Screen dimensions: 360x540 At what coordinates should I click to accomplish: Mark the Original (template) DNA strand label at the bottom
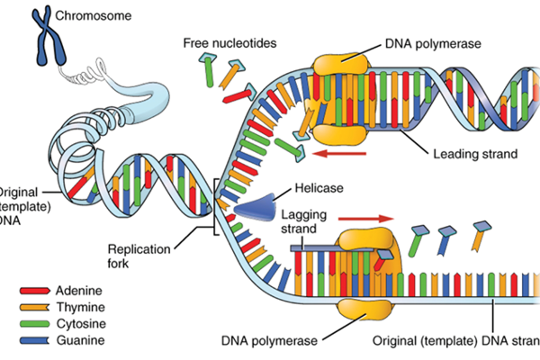tap(455, 342)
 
